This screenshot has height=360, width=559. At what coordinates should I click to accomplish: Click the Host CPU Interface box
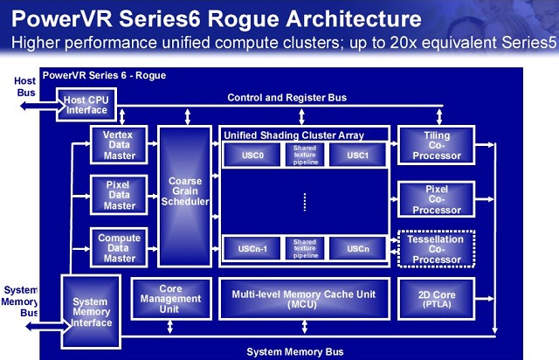coord(86,105)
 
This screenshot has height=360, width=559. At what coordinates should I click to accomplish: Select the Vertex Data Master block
coord(119,145)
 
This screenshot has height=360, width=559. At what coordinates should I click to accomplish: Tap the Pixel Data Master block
coord(119,195)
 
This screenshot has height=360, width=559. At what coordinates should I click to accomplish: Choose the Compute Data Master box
coord(119,247)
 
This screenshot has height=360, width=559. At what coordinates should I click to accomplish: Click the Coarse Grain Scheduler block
coord(184,197)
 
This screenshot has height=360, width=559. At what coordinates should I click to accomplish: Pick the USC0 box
coord(252,156)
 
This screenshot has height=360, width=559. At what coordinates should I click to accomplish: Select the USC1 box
coord(357,156)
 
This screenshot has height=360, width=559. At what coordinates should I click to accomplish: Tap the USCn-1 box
coord(252,248)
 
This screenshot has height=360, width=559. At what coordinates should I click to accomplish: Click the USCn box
coord(357,248)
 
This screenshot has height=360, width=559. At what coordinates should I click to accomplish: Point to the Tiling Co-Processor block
coord(437,145)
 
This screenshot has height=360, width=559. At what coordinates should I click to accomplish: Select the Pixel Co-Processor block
coord(437,199)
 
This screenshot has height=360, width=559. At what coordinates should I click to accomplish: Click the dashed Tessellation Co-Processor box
coord(437,249)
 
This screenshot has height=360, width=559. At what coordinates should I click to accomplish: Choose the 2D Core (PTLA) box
coord(437,299)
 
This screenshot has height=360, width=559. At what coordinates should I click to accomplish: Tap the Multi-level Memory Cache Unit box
coord(304,299)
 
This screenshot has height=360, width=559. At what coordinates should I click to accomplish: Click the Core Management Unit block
coord(171,299)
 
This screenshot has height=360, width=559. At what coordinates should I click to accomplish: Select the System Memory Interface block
coord(91,311)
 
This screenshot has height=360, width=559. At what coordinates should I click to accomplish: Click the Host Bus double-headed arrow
coord(42,106)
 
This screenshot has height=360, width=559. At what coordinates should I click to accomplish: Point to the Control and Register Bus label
coord(287,97)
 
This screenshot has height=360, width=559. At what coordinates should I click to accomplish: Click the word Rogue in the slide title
coord(244,19)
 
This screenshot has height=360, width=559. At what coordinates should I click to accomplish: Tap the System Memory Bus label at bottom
coord(295,352)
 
